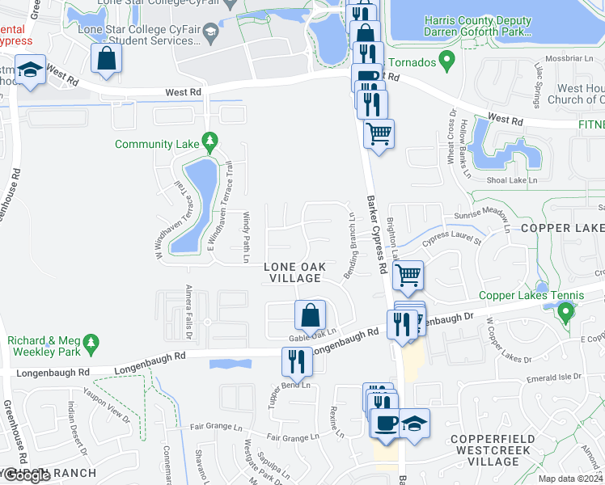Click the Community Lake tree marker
[x=210, y=143]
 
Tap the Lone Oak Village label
[x=294, y=272]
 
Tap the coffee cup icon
[x=384, y=423]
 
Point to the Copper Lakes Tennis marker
[x=566, y=311]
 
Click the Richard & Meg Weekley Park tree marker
[x=92, y=344]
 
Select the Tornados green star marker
[x=444, y=61]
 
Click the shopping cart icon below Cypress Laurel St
[x=408, y=275]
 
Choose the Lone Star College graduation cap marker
[x=211, y=32]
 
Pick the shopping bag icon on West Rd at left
[x=106, y=57]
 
